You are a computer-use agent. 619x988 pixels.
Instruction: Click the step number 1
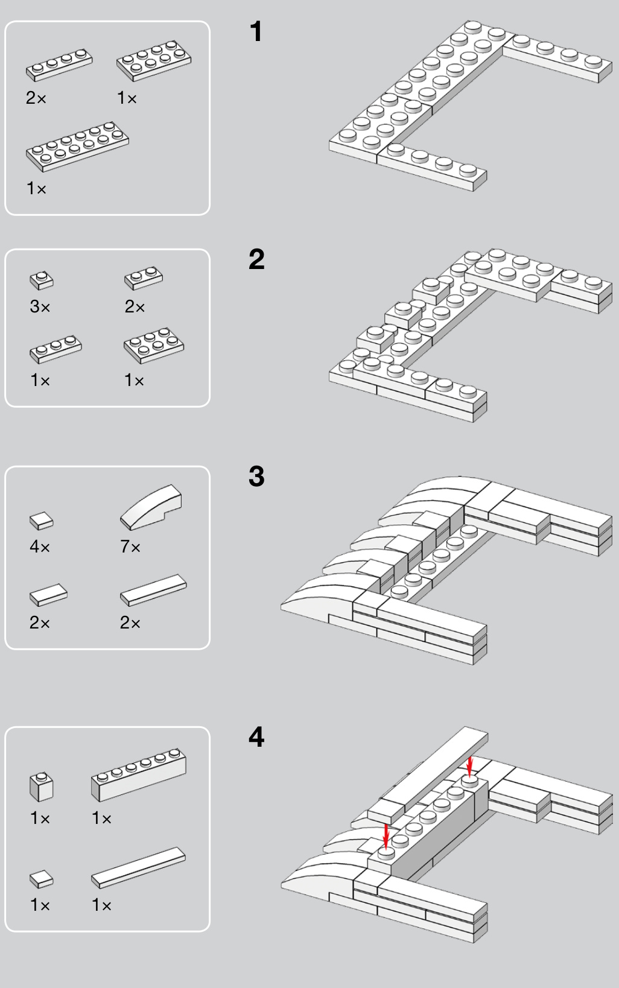256,32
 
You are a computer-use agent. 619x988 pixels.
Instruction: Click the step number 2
256,259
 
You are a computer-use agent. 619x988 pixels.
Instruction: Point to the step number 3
256,477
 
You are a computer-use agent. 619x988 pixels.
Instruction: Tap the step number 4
256,737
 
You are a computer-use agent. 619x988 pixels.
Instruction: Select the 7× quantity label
130,547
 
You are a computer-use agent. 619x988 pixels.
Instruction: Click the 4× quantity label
40,547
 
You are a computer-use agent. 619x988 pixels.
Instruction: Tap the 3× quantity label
40,307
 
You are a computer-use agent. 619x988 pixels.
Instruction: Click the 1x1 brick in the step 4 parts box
41,786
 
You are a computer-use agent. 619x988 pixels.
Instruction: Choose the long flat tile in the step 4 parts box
138,867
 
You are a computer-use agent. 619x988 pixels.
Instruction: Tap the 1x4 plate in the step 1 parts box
59,65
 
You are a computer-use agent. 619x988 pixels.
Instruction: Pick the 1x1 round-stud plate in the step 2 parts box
42,280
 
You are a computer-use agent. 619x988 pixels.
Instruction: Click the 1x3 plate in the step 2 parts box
56,349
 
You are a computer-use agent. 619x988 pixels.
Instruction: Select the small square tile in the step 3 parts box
42,521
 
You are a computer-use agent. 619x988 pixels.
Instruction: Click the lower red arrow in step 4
386,836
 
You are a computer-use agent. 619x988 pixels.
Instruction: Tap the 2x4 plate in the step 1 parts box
154,60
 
